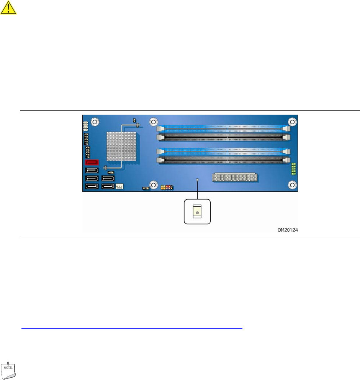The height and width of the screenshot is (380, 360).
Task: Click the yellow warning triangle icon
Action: coord(8,8)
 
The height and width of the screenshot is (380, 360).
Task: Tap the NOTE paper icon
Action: coord(8,370)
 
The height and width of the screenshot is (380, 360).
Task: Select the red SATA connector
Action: coord(92,162)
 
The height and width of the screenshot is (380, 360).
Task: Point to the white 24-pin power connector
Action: coord(235,177)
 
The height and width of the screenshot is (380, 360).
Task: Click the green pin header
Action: coord(293,169)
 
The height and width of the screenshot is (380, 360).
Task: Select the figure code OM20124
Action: coord(288,230)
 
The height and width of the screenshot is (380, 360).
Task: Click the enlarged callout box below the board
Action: coord(197,212)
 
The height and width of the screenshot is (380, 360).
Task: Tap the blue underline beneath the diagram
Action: coord(132,328)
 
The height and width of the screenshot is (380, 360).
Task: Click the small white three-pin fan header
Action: coord(119,186)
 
